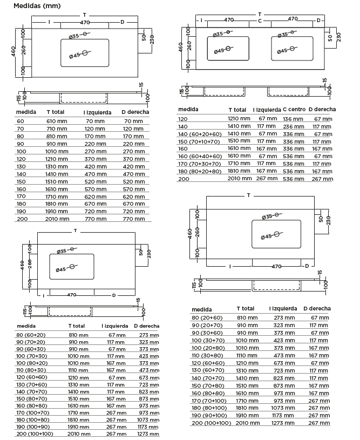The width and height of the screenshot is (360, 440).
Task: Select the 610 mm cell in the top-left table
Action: (x=57, y=121)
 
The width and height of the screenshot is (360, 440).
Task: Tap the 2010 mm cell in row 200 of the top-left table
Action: (x=57, y=219)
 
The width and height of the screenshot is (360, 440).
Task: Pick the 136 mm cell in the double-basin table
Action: (x=293, y=118)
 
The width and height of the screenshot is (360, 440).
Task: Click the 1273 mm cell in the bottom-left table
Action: (x=146, y=434)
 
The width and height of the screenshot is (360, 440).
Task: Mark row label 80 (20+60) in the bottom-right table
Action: (x=207, y=318)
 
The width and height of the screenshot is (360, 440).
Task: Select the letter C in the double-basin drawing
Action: (x=260, y=21)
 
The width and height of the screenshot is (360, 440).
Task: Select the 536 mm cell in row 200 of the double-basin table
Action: (x=293, y=179)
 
